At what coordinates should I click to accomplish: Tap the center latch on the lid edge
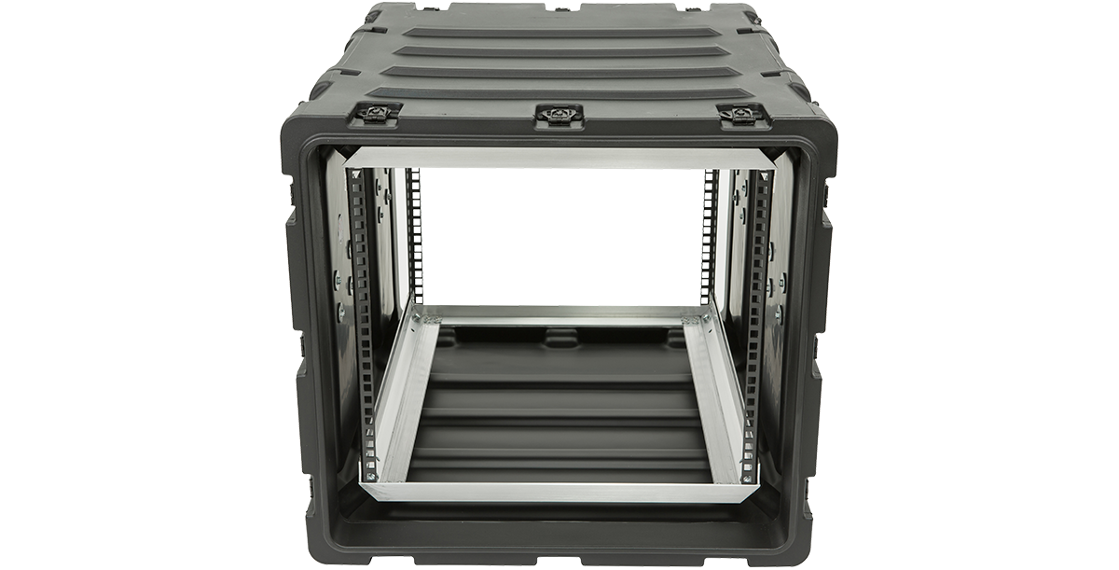(558, 115)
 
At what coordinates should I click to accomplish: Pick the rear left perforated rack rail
(414, 233)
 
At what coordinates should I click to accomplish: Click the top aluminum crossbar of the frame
(559, 158)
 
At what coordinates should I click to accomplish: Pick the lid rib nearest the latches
(559, 93)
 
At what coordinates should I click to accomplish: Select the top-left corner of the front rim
(308, 131)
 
